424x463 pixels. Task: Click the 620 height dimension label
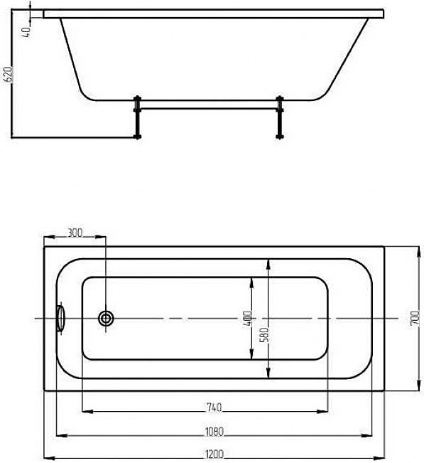point(8,75)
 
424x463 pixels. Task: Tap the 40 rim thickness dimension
point(26,32)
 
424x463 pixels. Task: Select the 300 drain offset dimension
point(75,233)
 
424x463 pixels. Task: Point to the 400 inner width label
point(249,318)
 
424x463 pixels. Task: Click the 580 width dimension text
point(266,334)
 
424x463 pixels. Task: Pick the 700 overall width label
point(415,319)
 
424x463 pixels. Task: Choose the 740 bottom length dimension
point(214,408)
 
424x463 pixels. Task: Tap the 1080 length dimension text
point(214,432)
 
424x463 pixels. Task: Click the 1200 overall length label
point(214,454)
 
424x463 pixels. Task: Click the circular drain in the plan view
point(106,319)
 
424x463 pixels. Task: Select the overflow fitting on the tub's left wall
point(60,318)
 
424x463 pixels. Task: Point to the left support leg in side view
point(137,117)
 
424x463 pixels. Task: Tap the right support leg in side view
point(279,117)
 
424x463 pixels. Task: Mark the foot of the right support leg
point(279,137)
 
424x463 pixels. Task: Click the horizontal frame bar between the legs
point(208,109)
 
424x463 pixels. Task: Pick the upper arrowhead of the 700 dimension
point(418,252)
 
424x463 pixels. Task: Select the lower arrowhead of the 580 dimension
point(268,372)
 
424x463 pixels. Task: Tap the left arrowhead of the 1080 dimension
point(62,435)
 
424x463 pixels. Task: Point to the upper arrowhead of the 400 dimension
point(251,283)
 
